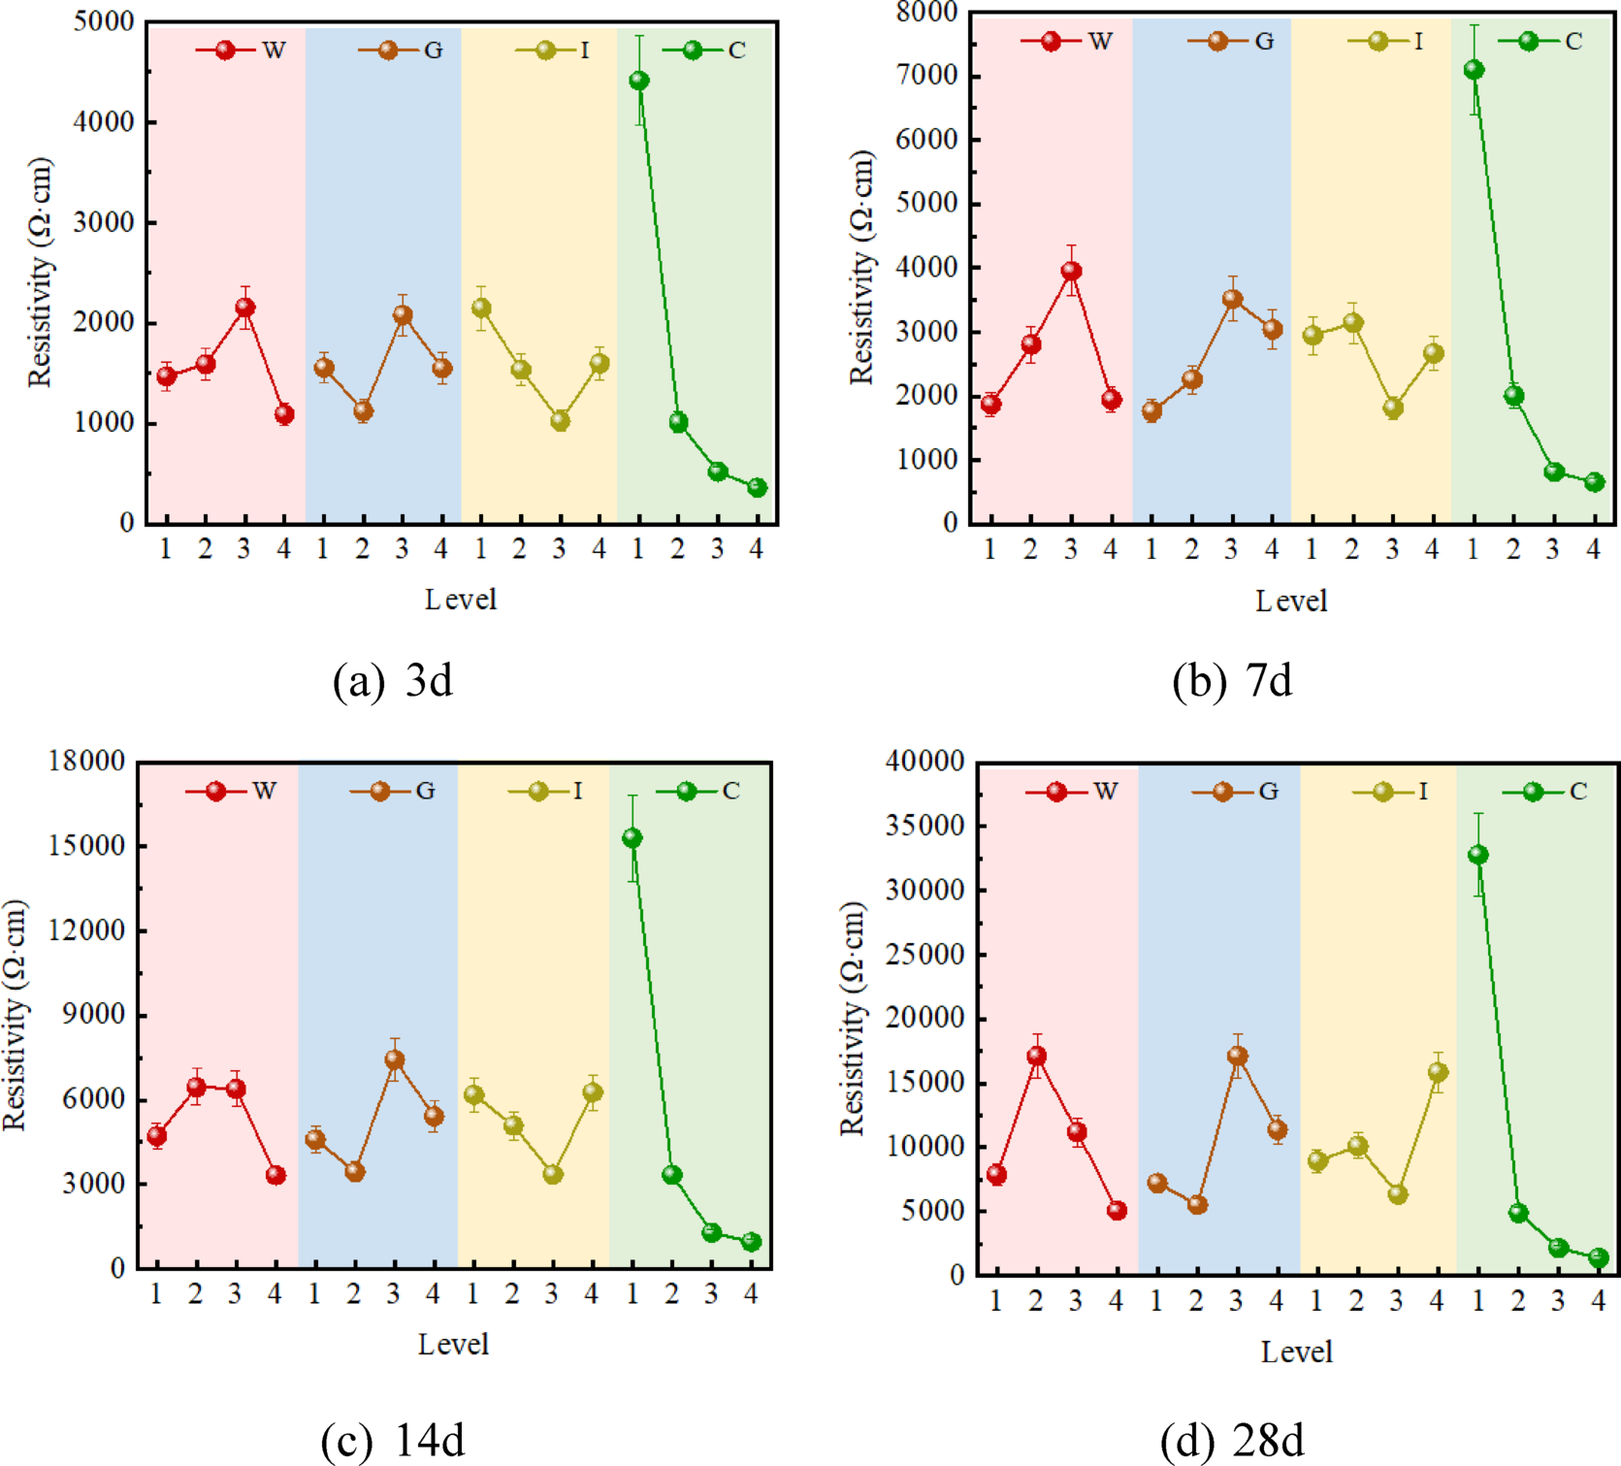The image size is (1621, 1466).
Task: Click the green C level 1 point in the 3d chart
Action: click(638, 81)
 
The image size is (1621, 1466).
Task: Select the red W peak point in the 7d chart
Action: click(1071, 272)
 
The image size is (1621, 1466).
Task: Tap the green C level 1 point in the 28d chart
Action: click(1477, 855)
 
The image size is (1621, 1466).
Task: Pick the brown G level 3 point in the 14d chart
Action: click(394, 1059)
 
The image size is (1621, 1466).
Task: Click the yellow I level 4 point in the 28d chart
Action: click(1437, 1072)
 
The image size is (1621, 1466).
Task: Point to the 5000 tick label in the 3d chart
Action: click(104, 21)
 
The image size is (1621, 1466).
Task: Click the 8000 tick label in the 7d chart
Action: click(926, 12)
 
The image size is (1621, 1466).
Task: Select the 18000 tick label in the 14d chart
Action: click(87, 762)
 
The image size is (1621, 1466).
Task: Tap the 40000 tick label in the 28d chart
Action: click(925, 762)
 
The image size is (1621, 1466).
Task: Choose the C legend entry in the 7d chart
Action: click(1542, 41)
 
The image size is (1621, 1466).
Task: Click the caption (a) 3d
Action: click(392, 681)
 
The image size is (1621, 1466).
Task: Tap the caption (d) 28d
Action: click(1232, 1441)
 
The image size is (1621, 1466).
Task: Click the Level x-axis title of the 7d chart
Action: click(1291, 602)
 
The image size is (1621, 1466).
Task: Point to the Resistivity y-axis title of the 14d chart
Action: click(15, 1015)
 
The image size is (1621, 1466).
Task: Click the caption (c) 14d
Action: click(392, 1441)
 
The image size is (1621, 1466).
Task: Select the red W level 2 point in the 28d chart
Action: click(1036, 1056)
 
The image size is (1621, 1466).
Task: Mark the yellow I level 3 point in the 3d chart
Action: click(560, 421)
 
